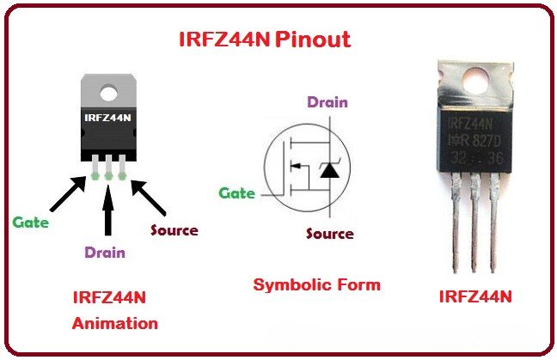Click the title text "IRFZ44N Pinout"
pyautogui.click(x=264, y=40)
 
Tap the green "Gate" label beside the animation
pyautogui.click(x=30, y=222)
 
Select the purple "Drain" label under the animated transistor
pyautogui.click(x=105, y=253)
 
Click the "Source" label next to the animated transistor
pyautogui.click(x=174, y=230)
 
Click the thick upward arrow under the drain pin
pyautogui.click(x=107, y=211)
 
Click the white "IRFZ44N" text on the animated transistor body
pyautogui.click(x=107, y=118)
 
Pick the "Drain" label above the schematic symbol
pyautogui.click(x=327, y=102)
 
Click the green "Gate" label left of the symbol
pyautogui.click(x=236, y=193)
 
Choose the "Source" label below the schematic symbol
pyautogui.click(x=330, y=233)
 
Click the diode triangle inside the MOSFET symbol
pyautogui.click(x=328, y=169)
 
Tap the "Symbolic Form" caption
pyautogui.click(x=316, y=284)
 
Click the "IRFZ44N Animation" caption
pyautogui.click(x=114, y=310)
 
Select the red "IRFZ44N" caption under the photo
pyautogui.click(x=475, y=296)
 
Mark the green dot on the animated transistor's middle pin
pyautogui.click(x=108, y=175)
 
